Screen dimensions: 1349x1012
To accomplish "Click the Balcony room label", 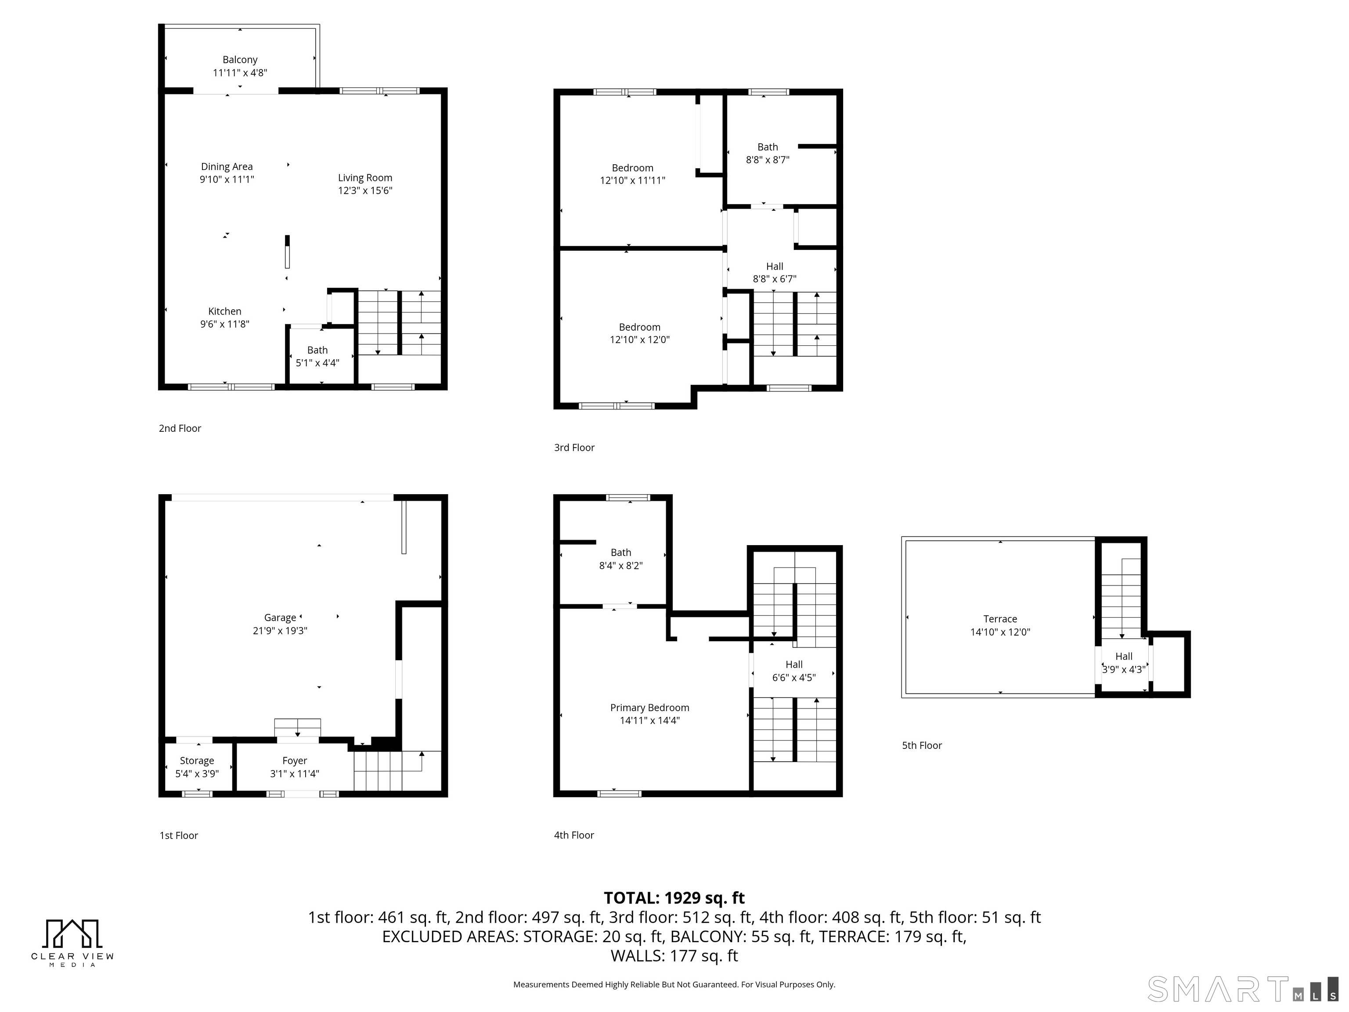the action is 240,60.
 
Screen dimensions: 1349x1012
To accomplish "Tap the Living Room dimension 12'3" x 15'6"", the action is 365,190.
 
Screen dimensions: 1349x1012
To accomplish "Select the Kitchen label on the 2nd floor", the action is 224,311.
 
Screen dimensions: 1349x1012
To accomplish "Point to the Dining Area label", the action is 227,166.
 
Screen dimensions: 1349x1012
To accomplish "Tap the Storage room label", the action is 197,761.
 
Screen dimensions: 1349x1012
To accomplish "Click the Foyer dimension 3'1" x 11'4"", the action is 295,773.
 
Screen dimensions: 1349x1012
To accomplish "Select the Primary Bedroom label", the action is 649,708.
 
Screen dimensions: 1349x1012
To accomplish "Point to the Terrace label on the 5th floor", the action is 1000,619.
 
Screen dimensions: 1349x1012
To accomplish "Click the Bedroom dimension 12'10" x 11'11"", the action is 632,181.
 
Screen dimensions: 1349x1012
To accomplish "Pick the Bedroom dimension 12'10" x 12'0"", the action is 640,340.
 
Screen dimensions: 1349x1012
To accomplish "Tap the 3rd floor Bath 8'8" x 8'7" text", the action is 768,153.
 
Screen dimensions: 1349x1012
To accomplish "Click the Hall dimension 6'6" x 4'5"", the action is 794,678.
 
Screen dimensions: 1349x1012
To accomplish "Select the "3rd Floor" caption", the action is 574,447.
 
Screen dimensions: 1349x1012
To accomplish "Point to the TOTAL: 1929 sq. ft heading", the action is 674,898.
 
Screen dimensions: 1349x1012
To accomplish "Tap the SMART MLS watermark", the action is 1242,989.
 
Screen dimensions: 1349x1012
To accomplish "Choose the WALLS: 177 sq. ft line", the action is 674,956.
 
